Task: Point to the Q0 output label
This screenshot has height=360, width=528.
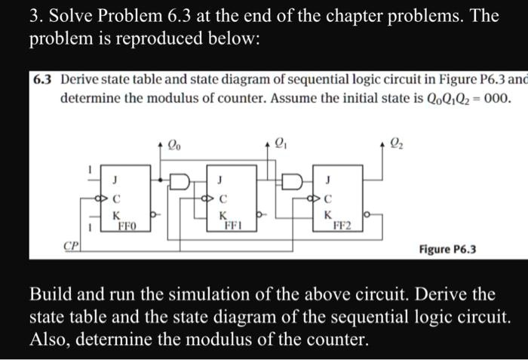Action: (x=174, y=140)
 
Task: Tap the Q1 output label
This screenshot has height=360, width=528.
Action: (x=279, y=140)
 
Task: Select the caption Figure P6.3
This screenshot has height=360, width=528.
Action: (x=448, y=249)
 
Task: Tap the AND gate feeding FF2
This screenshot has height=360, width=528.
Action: (x=290, y=183)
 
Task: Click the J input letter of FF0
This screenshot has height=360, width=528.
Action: (x=115, y=179)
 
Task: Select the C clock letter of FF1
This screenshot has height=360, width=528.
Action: (x=220, y=199)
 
